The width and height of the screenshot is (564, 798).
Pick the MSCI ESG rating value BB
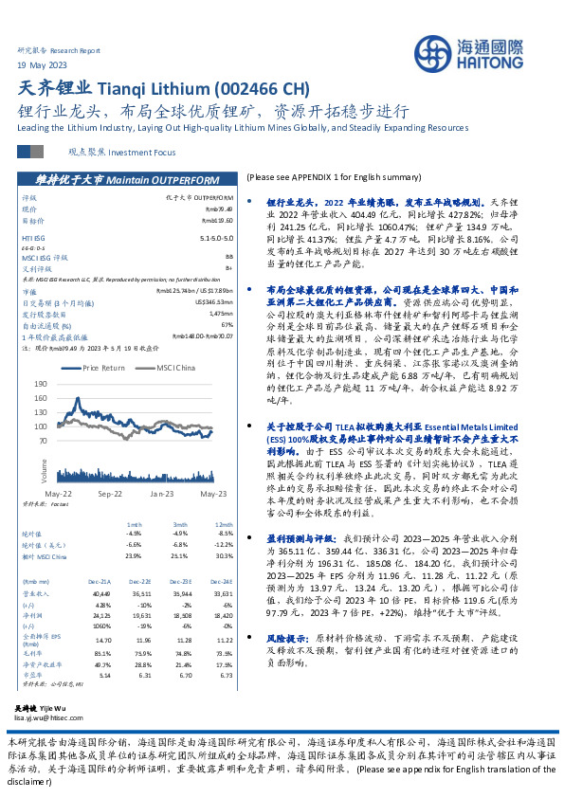coord(227,256)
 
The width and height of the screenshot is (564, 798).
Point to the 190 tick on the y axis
coord(40,384)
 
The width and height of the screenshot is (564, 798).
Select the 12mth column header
coord(222,523)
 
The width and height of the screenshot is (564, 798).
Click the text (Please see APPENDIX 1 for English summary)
coord(333,177)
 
